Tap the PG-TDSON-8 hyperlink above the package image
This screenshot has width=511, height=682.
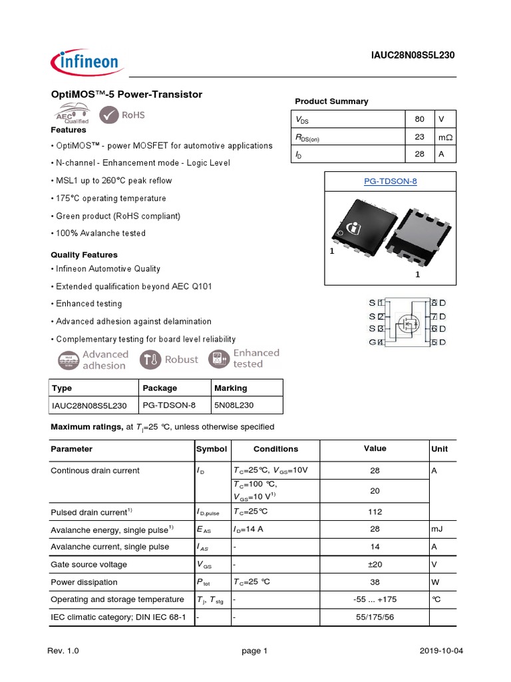(390, 181)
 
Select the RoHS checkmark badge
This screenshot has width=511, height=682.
(122, 115)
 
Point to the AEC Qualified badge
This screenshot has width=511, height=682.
(68, 115)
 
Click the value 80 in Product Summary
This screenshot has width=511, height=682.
(419, 119)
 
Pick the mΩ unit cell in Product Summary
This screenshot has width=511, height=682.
(444, 137)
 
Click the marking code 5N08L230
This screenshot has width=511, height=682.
(234, 405)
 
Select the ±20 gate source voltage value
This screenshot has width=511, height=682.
(375, 564)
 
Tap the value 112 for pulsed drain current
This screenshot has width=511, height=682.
(375, 512)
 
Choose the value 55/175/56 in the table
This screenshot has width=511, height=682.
(375, 617)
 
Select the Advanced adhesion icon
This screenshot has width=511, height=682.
(67, 360)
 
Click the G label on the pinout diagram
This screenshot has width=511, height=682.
(372, 342)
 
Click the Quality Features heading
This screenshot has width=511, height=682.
(84, 254)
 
